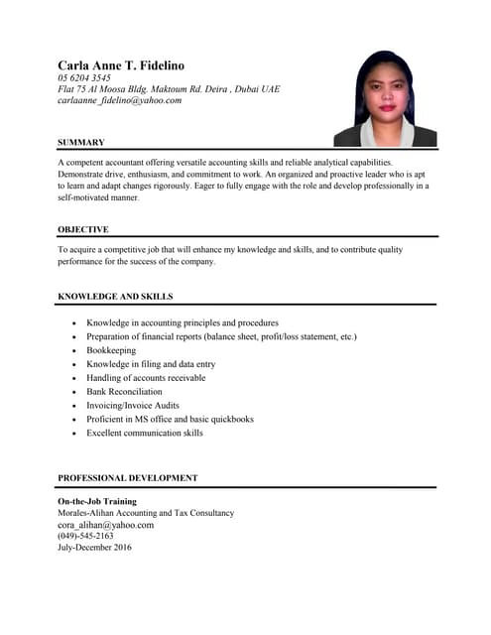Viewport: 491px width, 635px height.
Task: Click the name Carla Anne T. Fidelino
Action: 121,65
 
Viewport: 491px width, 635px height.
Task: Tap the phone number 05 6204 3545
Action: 84,77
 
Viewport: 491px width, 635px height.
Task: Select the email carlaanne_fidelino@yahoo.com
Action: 119,100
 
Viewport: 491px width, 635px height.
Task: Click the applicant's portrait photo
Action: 385,98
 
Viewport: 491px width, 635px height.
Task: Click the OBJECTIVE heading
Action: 83,229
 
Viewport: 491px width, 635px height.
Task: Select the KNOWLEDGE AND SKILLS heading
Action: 115,297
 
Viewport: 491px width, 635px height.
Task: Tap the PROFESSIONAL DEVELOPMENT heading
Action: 128,478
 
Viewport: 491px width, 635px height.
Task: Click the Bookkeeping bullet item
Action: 113,350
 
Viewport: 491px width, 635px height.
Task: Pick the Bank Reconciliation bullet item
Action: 124,392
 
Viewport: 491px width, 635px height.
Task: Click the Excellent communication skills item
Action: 145,434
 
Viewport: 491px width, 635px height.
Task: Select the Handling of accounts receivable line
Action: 146,378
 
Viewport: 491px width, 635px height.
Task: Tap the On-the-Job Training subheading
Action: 97,502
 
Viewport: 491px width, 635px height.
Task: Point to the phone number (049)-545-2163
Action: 85,536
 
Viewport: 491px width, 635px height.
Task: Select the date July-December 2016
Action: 94,548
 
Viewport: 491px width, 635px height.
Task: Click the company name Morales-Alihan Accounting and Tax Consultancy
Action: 146,513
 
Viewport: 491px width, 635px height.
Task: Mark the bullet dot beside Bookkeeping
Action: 75,351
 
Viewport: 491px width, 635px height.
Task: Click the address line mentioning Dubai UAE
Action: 169,88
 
